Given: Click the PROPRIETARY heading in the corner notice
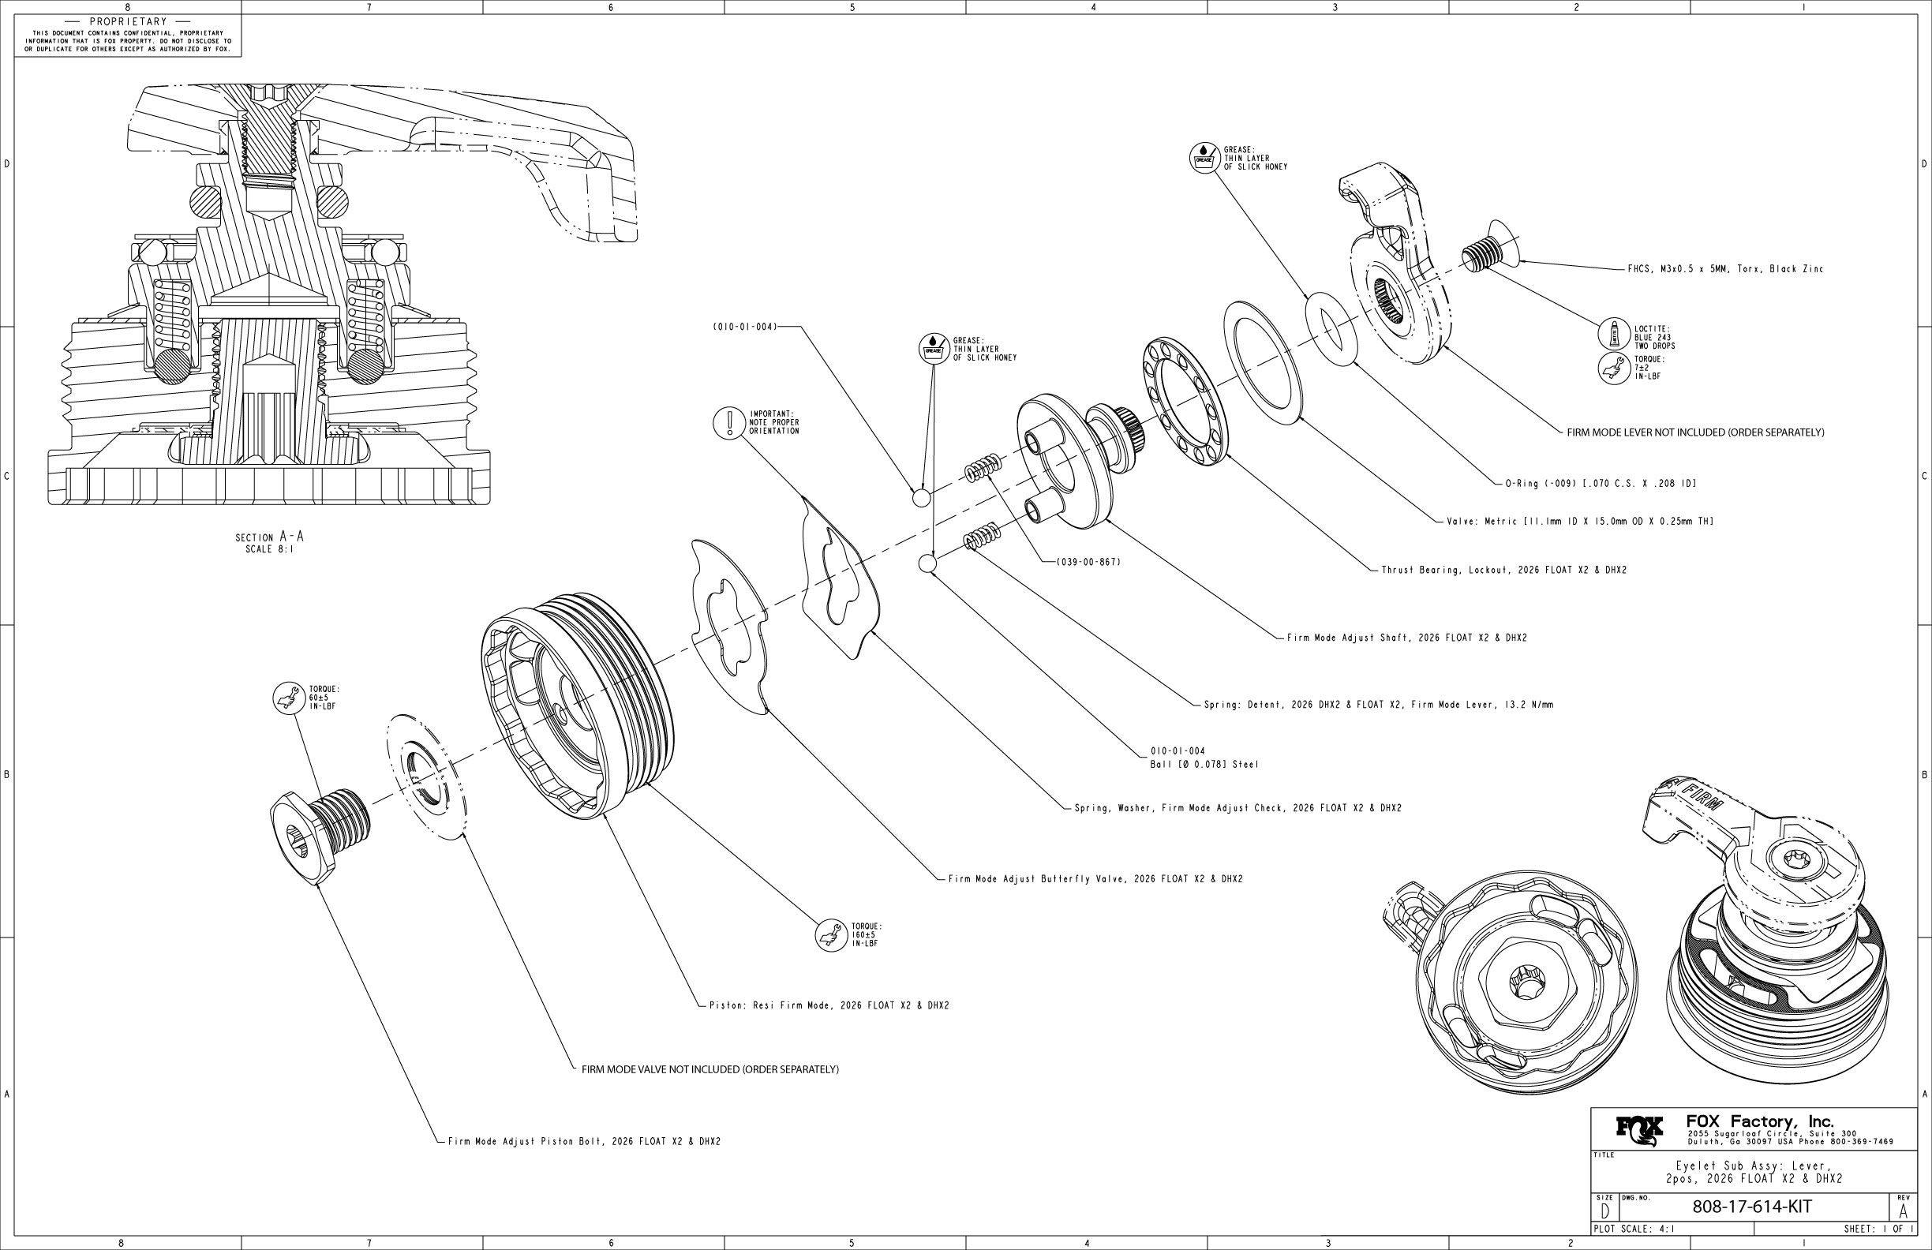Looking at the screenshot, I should click(x=129, y=21).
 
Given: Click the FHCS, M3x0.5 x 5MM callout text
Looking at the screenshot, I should click(x=1725, y=269).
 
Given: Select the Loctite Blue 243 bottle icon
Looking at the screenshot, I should click(x=1614, y=334).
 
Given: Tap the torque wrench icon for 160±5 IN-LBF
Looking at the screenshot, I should click(x=830, y=934).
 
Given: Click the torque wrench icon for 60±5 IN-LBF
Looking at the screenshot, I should click(x=288, y=698).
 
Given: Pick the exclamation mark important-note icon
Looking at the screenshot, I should click(x=729, y=422).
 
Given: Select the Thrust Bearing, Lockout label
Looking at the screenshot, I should click(x=1503, y=570).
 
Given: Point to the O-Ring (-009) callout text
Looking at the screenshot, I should click(x=1600, y=483).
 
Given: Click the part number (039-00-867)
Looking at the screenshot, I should click(x=1088, y=562).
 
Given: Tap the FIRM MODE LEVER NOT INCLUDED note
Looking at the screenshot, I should click(x=1695, y=432).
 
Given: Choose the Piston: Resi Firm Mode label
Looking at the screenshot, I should click(x=829, y=1005).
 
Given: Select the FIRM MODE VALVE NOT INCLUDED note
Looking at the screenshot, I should click(x=710, y=1069).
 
